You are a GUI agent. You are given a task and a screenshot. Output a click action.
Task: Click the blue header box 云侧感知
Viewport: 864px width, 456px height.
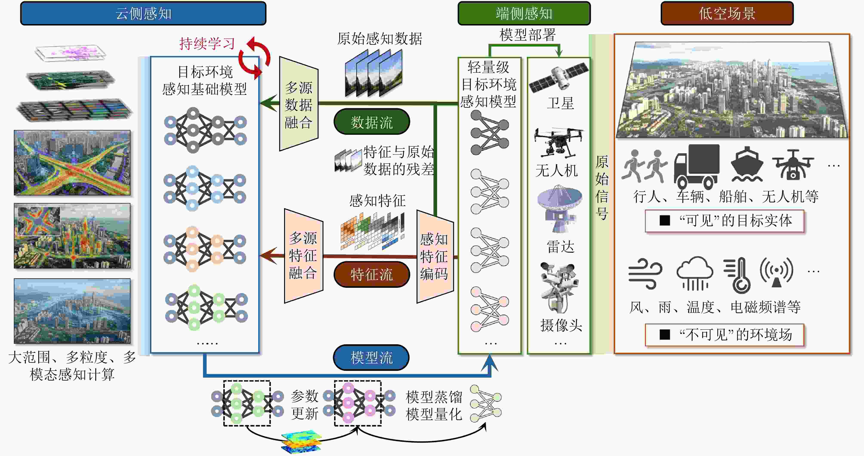point(143,13)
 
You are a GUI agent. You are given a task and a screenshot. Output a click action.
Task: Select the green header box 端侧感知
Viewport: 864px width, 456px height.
point(524,13)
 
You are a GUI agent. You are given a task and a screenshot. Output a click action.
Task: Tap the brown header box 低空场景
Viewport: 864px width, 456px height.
point(727,13)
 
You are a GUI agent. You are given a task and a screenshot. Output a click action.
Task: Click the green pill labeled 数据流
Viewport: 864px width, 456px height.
point(372,121)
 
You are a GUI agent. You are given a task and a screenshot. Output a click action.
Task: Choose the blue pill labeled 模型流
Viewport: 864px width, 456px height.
point(371,357)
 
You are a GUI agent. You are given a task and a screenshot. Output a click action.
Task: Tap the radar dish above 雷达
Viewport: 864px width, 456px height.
point(559,208)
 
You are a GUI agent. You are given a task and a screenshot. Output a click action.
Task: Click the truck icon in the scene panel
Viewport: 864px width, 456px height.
point(697,166)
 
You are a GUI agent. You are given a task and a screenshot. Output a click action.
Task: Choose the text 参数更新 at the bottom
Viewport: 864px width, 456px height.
point(304,405)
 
